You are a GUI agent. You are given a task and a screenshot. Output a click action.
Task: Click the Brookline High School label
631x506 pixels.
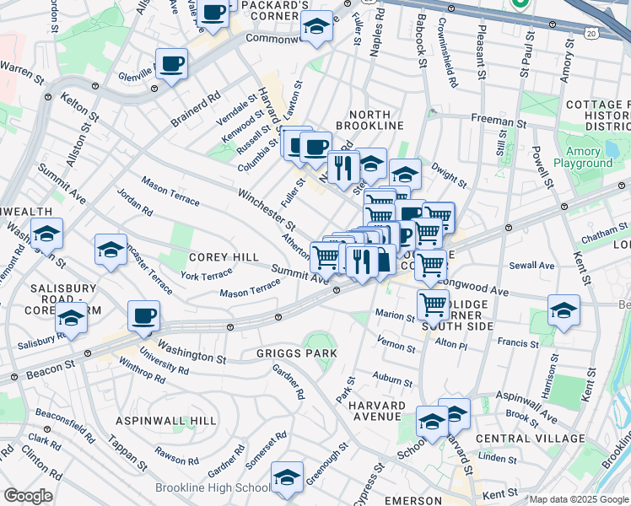(x=212, y=488)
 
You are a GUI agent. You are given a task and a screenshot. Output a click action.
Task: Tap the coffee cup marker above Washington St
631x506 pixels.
(x=143, y=315)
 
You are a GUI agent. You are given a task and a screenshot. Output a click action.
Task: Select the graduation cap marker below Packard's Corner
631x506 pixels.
(x=316, y=26)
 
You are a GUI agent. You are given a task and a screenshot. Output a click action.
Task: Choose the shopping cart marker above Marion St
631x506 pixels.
(x=433, y=304)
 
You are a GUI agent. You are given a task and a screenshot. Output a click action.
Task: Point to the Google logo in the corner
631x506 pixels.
(x=28, y=496)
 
